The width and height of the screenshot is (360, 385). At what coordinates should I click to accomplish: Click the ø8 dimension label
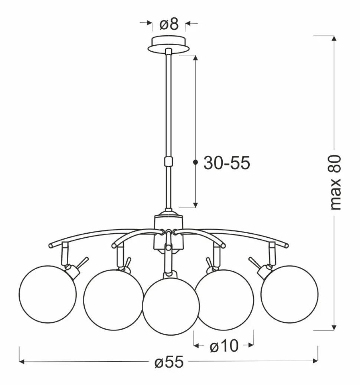pyautogui.click(x=169, y=24)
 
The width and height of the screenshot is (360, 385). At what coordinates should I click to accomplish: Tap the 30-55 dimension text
pyautogui.click(x=226, y=163)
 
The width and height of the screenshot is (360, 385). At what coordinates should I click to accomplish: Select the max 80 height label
pyautogui.click(x=335, y=182)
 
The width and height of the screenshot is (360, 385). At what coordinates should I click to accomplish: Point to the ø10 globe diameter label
pyautogui.click(x=224, y=346)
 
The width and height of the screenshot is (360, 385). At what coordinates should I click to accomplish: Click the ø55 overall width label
pyautogui.click(x=169, y=362)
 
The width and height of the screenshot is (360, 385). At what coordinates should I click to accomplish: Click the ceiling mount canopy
pyautogui.click(x=168, y=44)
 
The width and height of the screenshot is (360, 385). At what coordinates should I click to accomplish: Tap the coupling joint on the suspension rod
pyautogui.click(x=168, y=162)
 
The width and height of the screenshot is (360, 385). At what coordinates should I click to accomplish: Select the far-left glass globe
pyautogui.click(x=48, y=294)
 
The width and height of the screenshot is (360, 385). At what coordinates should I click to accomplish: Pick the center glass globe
pyautogui.click(x=171, y=306)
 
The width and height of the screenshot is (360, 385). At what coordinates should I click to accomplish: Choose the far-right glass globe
pyautogui.click(x=289, y=294)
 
